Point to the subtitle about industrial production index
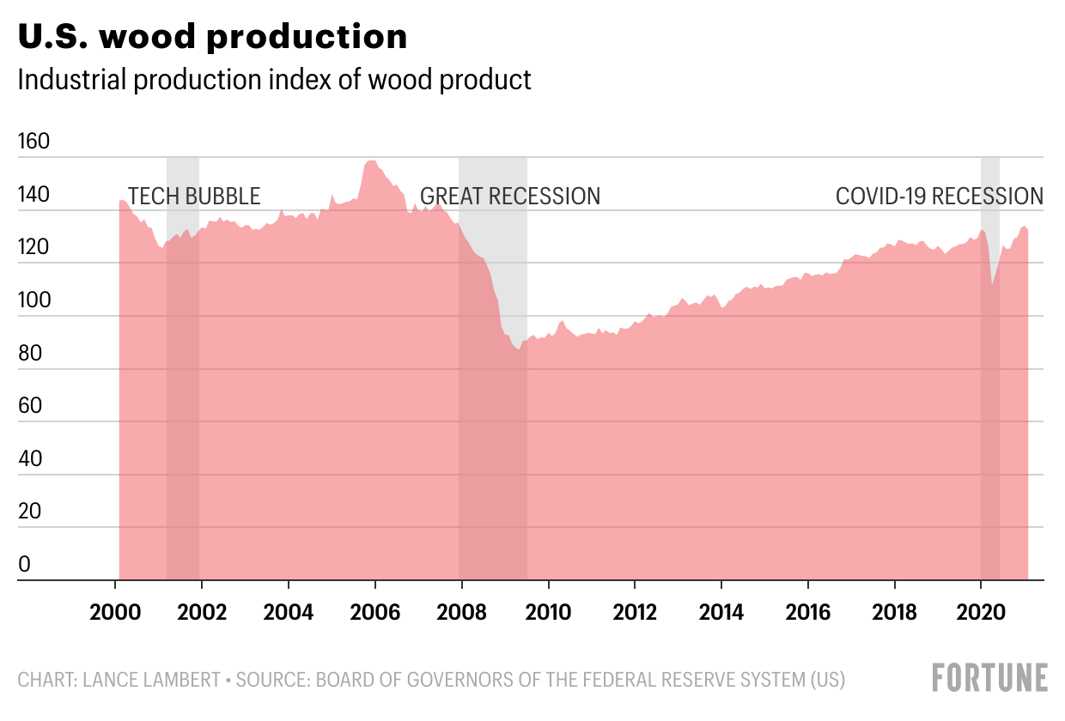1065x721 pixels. (274, 80)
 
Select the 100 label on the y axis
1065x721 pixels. (34, 301)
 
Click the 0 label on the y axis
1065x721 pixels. (24, 565)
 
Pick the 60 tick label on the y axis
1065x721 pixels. (30, 406)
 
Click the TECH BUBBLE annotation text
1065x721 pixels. (194, 197)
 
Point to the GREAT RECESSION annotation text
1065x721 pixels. (510, 197)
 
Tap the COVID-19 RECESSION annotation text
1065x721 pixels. (940, 197)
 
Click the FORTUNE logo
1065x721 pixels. (989, 678)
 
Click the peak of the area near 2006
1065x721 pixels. (372, 161)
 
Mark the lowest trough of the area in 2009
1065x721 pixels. (518, 349)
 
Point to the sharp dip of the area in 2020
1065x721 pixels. (992, 285)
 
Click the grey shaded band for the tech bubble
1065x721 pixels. (183, 369)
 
